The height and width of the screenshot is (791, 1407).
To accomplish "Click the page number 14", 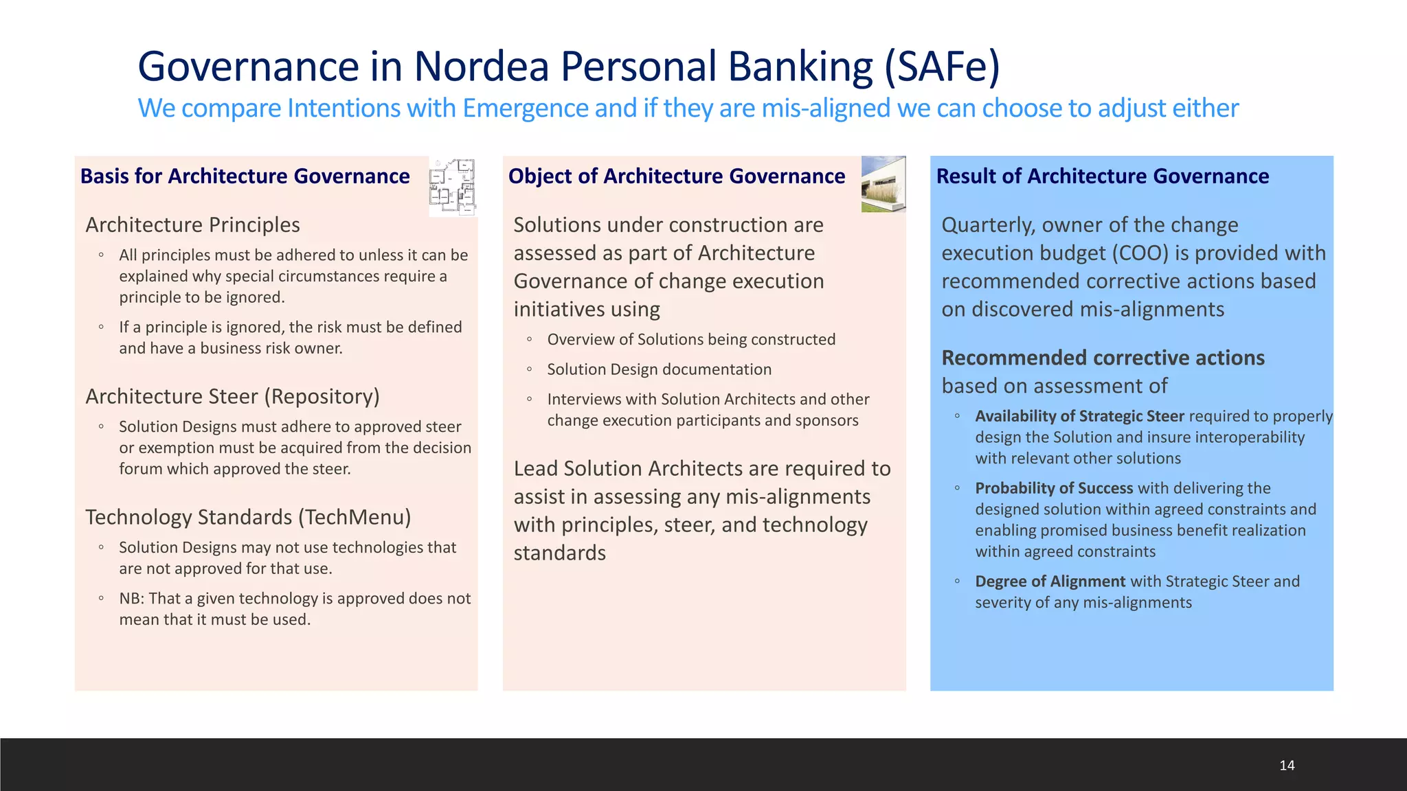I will tap(1287, 765).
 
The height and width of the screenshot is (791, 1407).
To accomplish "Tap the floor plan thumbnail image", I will tap(452, 186).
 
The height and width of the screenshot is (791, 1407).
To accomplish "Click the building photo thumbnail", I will tap(883, 184).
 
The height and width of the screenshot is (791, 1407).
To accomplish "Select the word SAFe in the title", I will tap(942, 67).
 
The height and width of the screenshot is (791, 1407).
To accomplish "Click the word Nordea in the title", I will tap(481, 67).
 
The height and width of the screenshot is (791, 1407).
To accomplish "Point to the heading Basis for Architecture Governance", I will tap(245, 176).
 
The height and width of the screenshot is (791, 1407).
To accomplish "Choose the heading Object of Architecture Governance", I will tap(676, 176).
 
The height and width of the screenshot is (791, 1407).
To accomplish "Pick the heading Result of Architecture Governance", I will tap(1102, 176).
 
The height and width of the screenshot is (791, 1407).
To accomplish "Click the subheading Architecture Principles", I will tap(192, 225).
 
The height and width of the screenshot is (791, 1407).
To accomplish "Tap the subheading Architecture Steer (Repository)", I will tap(232, 397).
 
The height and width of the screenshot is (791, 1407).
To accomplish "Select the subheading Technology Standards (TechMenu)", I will tap(248, 518).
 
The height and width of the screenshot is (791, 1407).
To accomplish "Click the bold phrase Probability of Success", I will tap(1053, 488).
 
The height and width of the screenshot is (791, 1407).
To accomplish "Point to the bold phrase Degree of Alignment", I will tap(1050, 582).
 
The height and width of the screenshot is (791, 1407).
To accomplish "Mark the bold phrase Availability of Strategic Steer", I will tap(1079, 416).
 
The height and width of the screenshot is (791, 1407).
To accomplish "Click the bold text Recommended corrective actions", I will tap(1103, 358).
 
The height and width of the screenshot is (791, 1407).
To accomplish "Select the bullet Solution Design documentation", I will tap(659, 369).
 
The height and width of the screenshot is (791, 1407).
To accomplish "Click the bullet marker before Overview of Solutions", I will tap(529, 339).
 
